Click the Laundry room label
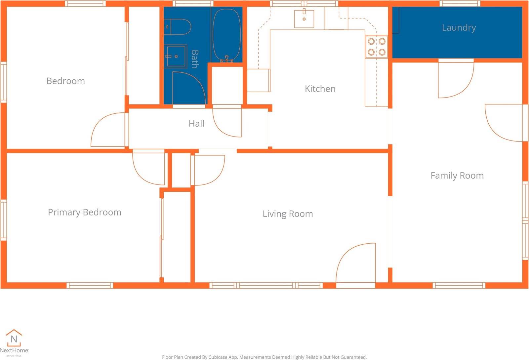[459, 28]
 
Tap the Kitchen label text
[320, 89]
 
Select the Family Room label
[457, 176]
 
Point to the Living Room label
[288, 214]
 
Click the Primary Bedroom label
[85, 212]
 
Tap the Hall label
[196, 123]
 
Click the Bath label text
[195, 59]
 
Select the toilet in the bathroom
[177, 27]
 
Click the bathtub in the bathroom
[227, 35]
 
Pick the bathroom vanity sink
[176, 56]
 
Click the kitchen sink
[304, 19]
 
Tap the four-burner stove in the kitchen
[377, 47]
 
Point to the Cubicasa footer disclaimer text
[264, 357]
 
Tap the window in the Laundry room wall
[460, 4]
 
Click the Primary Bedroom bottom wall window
[90, 285]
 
